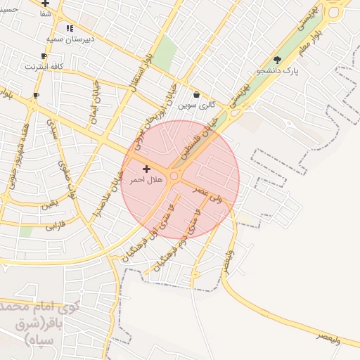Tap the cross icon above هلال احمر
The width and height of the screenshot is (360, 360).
click(146, 169)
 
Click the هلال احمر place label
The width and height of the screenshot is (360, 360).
click(146, 180)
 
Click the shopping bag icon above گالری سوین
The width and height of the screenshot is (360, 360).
click(196, 94)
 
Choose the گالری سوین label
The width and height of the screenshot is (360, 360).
click(196, 105)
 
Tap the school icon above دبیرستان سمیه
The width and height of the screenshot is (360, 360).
click(69, 28)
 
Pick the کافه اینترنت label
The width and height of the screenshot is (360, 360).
click(44, 66)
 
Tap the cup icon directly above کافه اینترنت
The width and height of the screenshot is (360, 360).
click(44, 56)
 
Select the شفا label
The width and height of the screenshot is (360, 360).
click(46, 13)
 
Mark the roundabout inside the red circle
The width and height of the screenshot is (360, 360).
click(174, 176)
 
